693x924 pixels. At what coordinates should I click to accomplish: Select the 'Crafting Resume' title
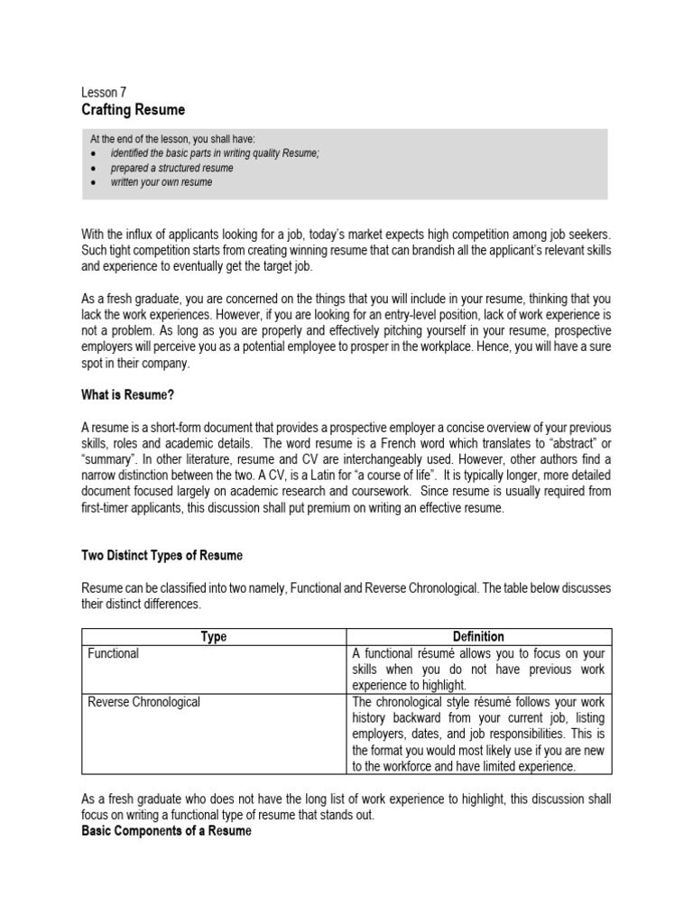133,110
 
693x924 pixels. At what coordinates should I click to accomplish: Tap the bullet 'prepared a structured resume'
171,168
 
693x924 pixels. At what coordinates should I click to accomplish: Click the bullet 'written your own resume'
162,182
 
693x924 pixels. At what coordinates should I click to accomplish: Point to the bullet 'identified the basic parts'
215,153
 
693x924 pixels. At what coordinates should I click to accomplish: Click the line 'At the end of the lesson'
172,139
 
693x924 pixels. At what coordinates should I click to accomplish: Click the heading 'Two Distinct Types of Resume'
162,555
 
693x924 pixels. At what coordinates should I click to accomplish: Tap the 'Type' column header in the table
213,637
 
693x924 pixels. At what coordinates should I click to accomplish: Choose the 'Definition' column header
478,637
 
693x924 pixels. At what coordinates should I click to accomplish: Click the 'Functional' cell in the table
113,653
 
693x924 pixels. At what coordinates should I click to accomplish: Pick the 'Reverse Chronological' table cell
143,702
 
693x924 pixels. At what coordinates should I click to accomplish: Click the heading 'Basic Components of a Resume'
165,830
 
